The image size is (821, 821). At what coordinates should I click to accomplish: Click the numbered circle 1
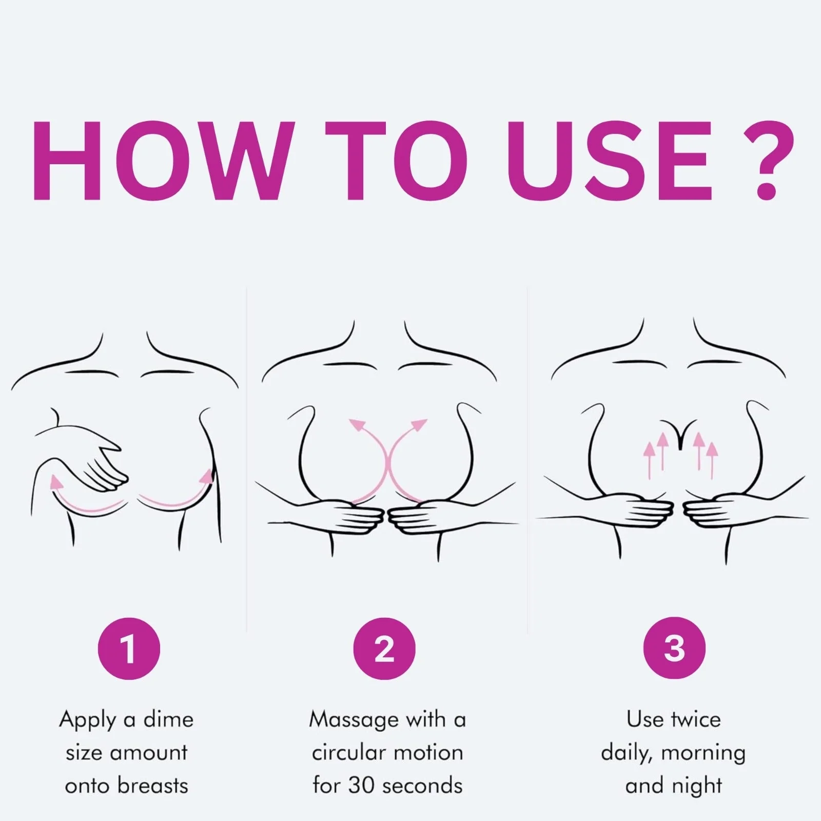click(129, 649)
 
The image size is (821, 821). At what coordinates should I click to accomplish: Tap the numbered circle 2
click(384, 649)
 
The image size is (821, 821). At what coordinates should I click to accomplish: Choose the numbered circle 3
click(674, 649)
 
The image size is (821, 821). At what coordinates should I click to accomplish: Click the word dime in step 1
click(168, 719)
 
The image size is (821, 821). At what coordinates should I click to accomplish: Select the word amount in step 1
click(149, 753)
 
